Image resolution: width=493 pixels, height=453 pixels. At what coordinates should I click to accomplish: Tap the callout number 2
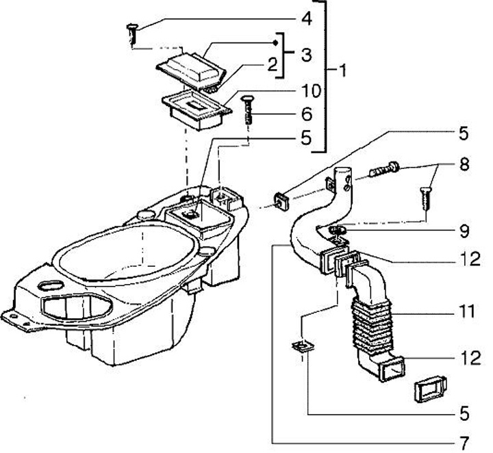[272, 65]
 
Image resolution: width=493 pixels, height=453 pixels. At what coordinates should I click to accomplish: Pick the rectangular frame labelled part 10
[194, 107]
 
